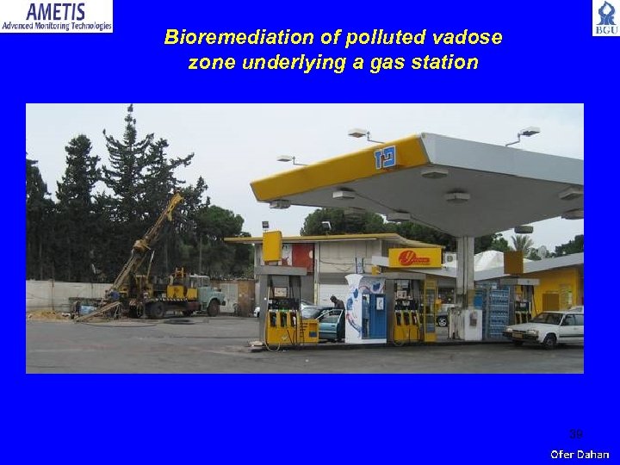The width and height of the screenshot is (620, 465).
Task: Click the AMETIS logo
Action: point(56,16)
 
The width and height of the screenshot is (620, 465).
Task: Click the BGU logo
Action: point(604,17)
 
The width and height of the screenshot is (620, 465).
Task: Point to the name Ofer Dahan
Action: point(580,454)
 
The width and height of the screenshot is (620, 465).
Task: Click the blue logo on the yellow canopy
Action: point(384,158)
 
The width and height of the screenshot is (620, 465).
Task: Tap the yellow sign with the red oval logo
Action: point(414,257)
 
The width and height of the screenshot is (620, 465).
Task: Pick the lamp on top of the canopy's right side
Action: point(529,132)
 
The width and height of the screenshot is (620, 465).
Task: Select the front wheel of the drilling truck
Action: point(212,308)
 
